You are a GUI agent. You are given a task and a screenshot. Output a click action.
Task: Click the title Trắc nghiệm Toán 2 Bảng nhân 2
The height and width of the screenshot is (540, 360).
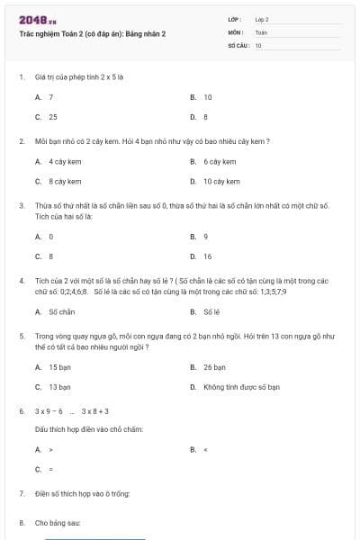point(92,33)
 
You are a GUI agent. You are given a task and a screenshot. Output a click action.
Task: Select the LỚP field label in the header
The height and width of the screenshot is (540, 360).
point(235,19)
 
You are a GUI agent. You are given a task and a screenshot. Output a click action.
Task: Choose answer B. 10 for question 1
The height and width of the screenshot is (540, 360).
point(202,97)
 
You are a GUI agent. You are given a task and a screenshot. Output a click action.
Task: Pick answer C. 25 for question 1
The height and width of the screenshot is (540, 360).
point(47,117)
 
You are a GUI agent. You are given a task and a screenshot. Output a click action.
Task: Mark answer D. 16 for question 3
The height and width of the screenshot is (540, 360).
point(202,256)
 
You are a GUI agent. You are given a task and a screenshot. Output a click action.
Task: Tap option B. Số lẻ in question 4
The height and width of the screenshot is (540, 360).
point(206,311)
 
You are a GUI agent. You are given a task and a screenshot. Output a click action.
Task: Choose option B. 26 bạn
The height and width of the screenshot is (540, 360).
point(209,367)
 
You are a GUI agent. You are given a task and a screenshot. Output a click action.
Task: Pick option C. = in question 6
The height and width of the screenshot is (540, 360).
point(44,469)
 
